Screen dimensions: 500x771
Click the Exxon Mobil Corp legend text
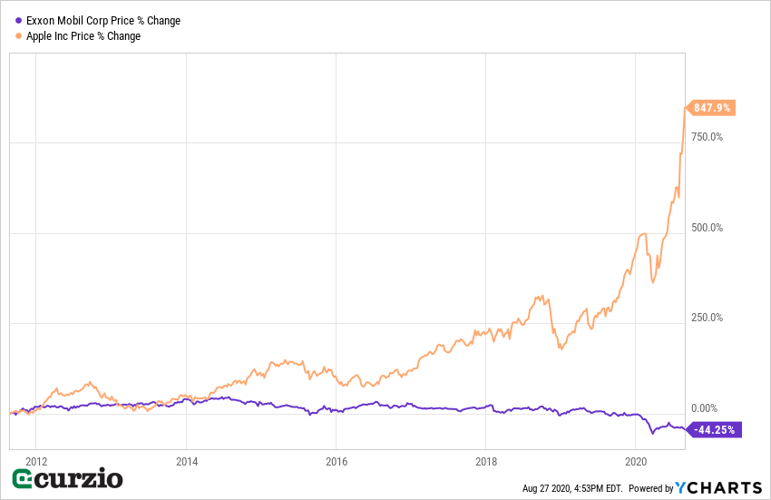click(x=103, y=21)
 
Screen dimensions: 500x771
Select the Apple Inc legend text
click(x=83, y=36)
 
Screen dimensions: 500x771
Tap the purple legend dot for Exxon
click(x=18, y=21)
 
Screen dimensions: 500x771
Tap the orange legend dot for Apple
click(x=18, y=36)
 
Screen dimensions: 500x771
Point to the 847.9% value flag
click(x=713, y=108)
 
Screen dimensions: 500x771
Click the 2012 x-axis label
click(x=36, y=460)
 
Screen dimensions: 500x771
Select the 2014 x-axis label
click(x=186, y=460)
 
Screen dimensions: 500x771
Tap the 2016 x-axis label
click(x=336, y=460)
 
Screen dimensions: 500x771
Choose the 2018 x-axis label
click(x=486, y=460)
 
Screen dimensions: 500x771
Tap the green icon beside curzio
click(x=24, y=479)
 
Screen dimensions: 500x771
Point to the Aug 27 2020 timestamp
click(x=573, y=488)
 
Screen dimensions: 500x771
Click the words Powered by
click(x=650, y=488)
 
